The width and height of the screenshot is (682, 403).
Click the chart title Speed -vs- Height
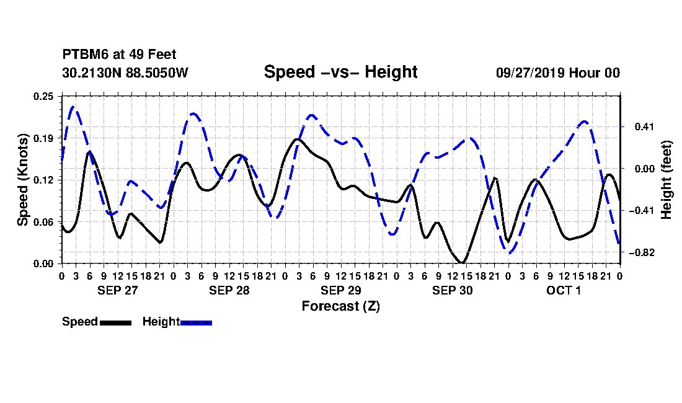click(x=340, y=72)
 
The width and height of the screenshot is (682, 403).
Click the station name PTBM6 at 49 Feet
click(x=119, y=55)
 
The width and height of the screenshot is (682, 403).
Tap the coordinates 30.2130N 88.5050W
click(x=125, y=73)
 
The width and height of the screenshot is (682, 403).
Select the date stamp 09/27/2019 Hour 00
click(x=558, y=73)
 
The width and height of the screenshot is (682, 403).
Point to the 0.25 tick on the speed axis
click(x=43, y=96)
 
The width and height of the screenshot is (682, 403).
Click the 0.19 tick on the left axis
click(x=43, y=138)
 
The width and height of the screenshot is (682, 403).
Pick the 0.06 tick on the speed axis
click(x=43, y=222)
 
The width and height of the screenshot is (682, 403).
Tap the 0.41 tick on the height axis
click(x=644, y=127)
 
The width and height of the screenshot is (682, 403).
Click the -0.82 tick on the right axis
click(x=641, y=253)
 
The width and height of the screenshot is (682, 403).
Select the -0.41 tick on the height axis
click(x=641, y=211)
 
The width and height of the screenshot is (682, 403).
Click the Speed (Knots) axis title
click(x=22, y=180)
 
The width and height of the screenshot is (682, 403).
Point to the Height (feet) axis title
click(x=666, y=180)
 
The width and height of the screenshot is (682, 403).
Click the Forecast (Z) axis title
click(x=340, y=306)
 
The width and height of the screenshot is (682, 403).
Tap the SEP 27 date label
click(x=117, y=290)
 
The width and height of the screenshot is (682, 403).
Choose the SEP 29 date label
click(x=340, y=290)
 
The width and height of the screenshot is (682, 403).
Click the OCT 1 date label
click(x=564, y=290)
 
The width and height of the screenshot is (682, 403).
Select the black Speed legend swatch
click(x=116, y=322)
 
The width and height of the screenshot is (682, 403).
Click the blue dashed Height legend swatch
click(x=196, y=322)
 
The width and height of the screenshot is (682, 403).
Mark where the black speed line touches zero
click(x=462, y=263)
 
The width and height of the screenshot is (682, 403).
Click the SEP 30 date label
click(x=453, y=290)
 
